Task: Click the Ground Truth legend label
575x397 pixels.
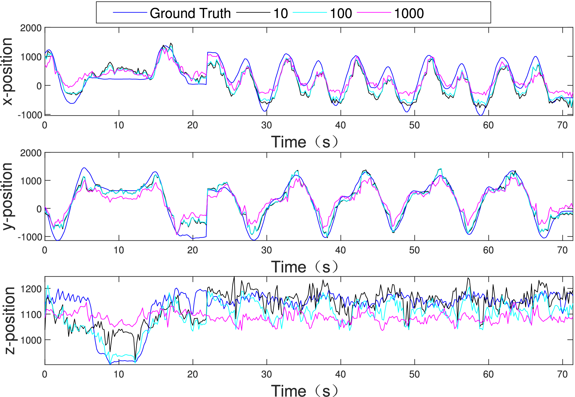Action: (190, 13)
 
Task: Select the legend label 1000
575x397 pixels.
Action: (409, 13)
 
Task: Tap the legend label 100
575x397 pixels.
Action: (341, 13)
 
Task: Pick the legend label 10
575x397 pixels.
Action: (281, 13)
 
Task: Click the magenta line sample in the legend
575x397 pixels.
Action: (374, 13)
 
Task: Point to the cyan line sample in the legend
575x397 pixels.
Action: (310, 13)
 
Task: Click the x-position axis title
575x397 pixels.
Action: (8, 71)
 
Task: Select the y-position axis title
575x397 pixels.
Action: (8, 196)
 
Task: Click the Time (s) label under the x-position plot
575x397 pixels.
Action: (304, 142)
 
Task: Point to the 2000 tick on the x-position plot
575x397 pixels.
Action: (31, 28)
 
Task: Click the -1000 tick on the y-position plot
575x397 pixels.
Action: (30, 237)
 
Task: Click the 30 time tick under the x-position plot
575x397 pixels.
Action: (267, 125)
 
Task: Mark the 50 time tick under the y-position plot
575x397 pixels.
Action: (415, 250)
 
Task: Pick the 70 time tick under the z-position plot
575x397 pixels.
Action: (562, 374)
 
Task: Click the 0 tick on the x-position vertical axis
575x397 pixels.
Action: (39, 86)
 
